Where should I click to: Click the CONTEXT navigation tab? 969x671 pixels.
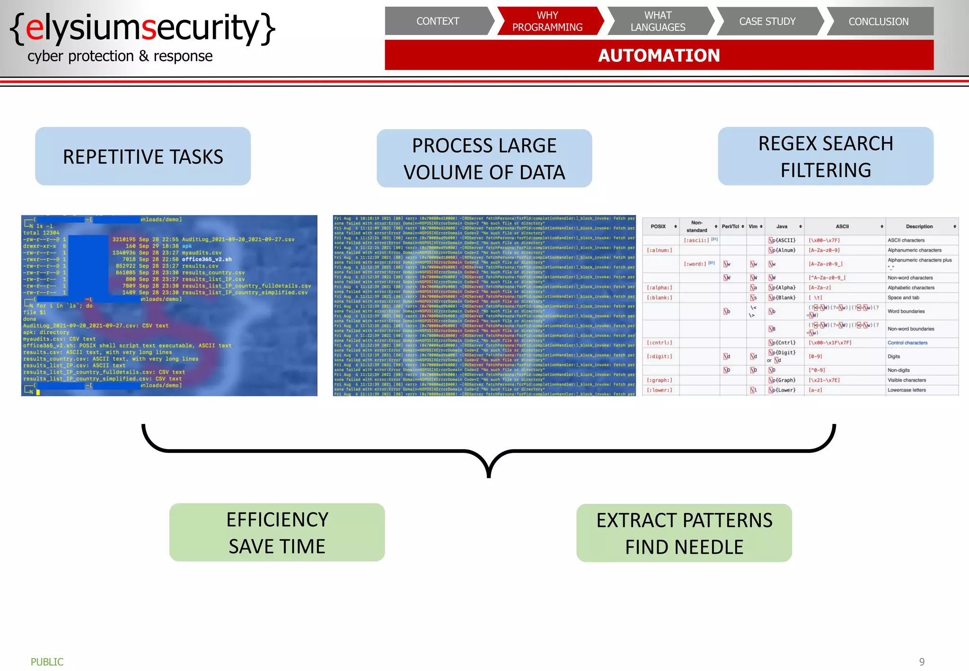pyautogui.click(x=438, y=21)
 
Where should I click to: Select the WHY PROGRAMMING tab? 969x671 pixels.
pyautogui.click(x=547, y=21)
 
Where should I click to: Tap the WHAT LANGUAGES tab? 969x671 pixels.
pyautogui.click(x=658, y=21)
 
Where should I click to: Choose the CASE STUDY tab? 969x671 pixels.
pyautogui.click(x=767, y=21)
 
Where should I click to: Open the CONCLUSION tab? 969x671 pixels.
pyautogui.click(x=878, y=21)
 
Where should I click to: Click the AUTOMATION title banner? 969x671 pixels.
pyautogui.click(x=659, y=55)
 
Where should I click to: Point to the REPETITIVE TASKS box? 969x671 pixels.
pyautogui.click(x=143, y=156)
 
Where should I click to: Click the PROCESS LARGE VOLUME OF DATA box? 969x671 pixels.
pyautogui.click(x=484, y=159)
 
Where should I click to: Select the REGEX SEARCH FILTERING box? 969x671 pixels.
pyautogui.click(x=826, y=156)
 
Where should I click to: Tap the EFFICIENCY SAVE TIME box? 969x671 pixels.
pyautogui.click(x=277, y=532)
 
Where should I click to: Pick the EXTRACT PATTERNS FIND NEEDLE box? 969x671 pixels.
pyautogui.click(x=684, y=533)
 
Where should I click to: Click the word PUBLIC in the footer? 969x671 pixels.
pyautogui.click(x=47, y=662)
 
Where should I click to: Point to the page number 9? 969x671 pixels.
pyautogui.click(x=922, y=662)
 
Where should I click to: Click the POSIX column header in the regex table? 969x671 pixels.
pyautogui.click(x=658, y=227)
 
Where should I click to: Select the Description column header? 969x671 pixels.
pyautogui.click(x=919, y=227)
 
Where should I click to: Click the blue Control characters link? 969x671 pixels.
pyautogui.click(x=907, y=343)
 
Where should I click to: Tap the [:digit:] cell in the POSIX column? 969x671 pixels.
pyautogui.click(x=659, y=356)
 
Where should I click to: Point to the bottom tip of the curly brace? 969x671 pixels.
pyautogui.click(x=489, y=476)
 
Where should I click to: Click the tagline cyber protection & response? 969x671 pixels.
pyautogui.click(x=120, y=56)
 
